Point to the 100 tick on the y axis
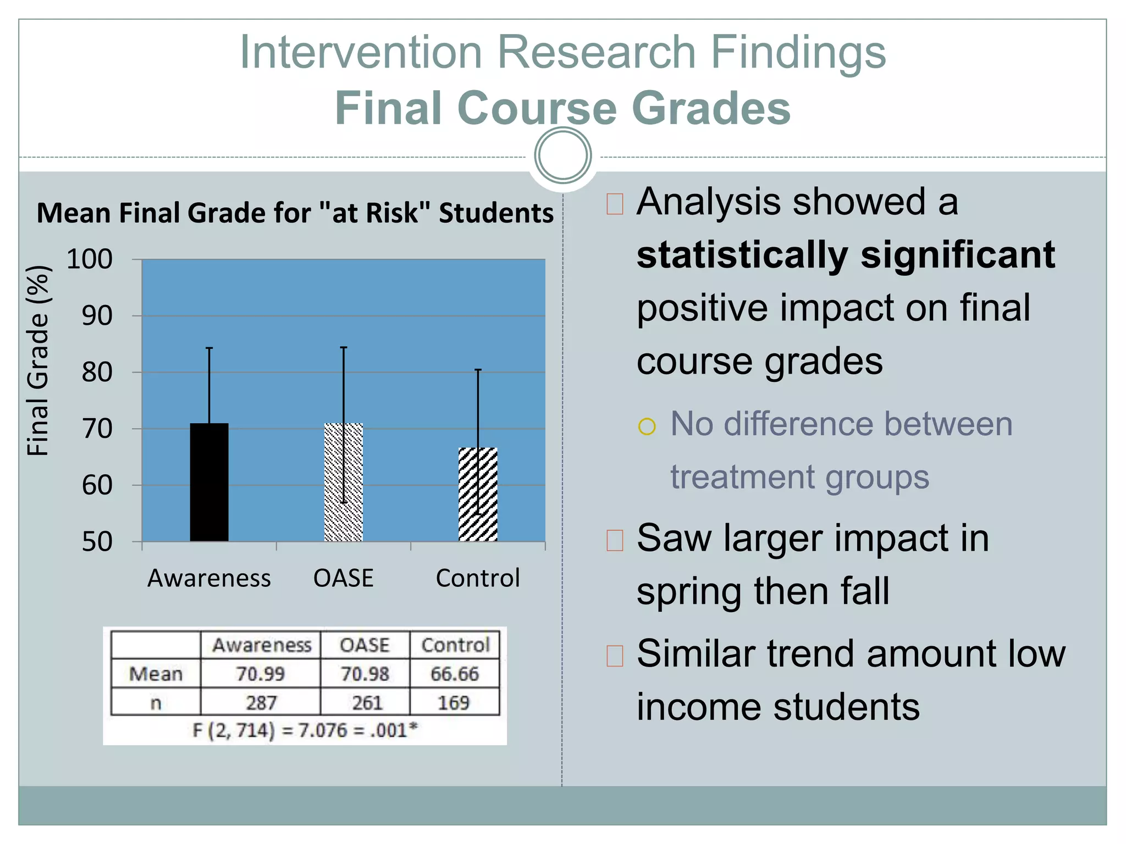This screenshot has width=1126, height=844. point(89,259)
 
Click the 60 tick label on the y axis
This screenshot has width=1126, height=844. point(97,486)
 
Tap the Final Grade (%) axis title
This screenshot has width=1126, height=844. point(38,360)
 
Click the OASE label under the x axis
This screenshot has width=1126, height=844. point(343,578)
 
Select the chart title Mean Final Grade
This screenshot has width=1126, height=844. point(295,213)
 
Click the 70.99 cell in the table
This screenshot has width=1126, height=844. point(260,674)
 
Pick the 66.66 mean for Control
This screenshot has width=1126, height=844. point(455,674)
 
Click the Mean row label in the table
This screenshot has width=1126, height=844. point(156,674)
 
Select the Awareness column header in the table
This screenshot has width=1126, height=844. point(262,645)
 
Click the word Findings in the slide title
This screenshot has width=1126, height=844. point(798,53)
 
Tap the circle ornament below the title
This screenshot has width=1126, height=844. point(562,156)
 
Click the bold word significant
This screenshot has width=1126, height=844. point(958,255)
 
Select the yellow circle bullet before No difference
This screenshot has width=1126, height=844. point(647,426)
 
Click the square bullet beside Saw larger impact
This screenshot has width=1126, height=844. point(615,540)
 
